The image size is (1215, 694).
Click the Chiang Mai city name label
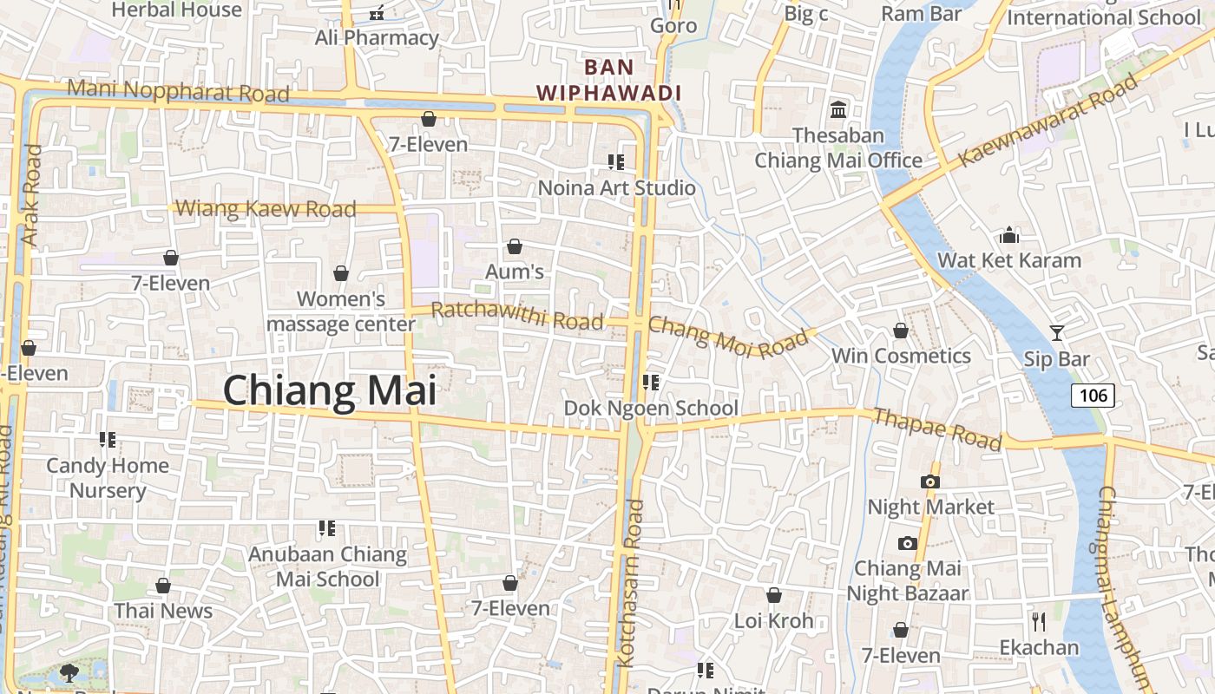coord(330,390)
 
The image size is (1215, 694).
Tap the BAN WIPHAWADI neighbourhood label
coord(608,80)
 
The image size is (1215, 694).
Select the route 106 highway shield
coord(1093,396)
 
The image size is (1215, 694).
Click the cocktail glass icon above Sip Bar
coord(1057,332)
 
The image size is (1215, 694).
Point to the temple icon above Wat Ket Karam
coord(1008,235)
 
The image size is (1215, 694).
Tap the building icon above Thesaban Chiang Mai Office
coord(838,110)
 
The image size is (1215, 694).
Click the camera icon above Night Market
coord(930,481)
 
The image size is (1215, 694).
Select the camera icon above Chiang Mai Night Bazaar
coord(907,543)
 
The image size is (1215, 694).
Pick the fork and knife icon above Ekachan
coord(1038,621)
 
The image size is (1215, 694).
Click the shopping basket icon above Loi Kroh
coord(773,595)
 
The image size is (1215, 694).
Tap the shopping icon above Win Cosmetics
coord(901,331)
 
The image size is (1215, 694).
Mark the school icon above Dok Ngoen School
coord(651,383)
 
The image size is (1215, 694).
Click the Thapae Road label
coord(937,429)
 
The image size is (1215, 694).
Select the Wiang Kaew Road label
coord(266,209)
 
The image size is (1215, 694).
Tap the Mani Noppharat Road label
coord(178,90)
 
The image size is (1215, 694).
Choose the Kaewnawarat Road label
coord(1048,121)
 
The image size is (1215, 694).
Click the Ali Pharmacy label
coord(377,38)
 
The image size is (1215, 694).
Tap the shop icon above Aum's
coord(515,247)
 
